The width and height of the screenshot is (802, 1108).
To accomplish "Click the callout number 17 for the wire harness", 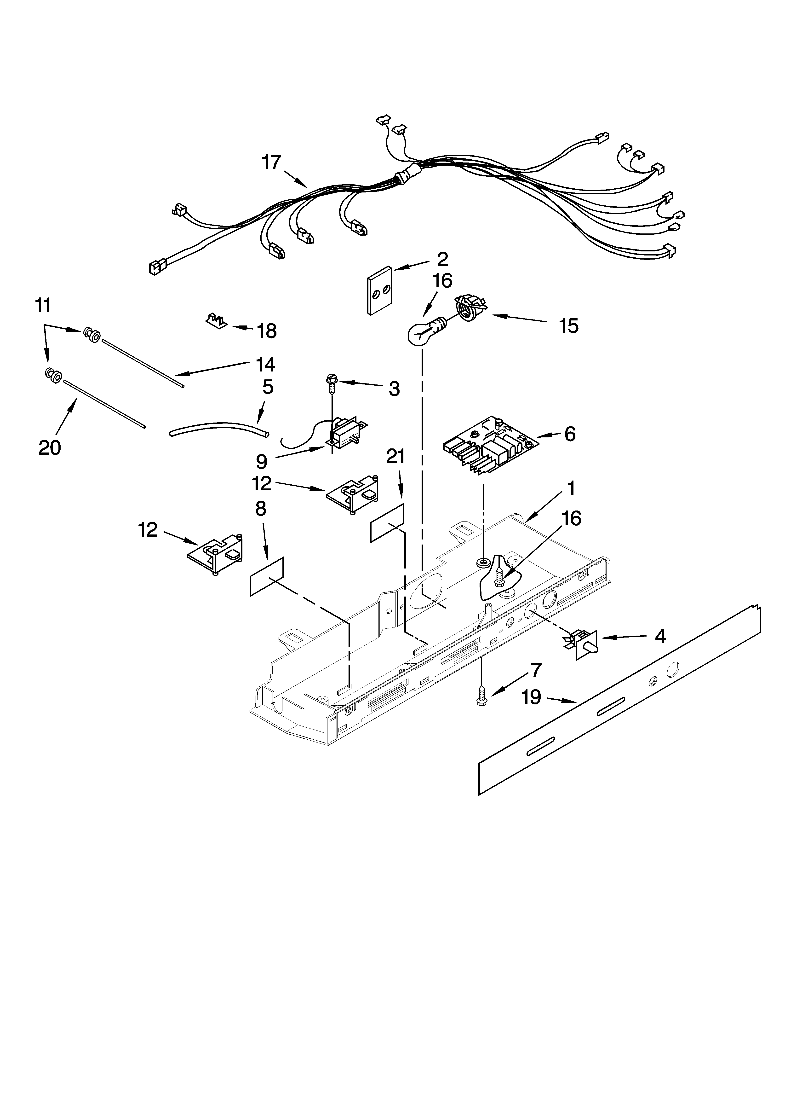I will click(x=272, y=163).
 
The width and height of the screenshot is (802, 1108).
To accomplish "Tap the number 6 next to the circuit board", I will click(x=569, y=434).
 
